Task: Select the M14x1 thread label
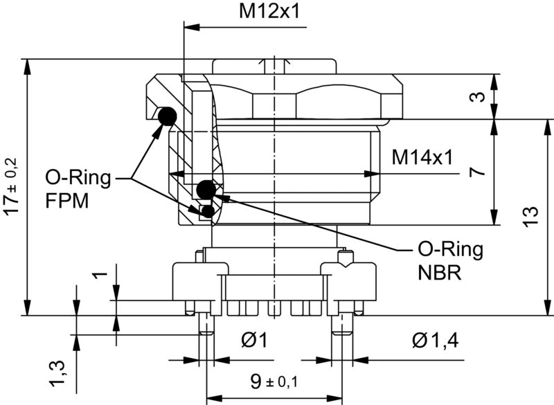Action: click(422, 158)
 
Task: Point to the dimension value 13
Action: click(530, 217)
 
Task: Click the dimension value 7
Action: click(475, 172)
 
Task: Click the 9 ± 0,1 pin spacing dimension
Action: click(275, 380)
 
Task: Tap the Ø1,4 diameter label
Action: click(435, 340)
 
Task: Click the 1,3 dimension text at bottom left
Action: click(58, 375)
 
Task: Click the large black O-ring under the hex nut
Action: click(167, 117)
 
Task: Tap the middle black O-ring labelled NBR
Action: click(206, 188)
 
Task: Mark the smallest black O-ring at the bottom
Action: click(206, 210)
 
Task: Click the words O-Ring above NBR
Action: click(450, 249)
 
